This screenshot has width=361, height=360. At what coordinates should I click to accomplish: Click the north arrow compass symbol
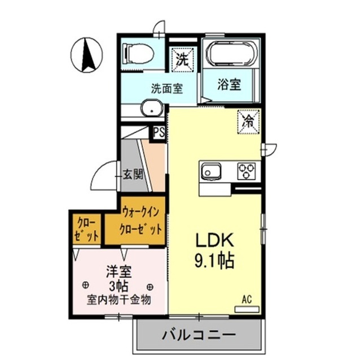coord(86,55)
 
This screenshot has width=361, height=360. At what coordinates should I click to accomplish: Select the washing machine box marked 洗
coord(183,58)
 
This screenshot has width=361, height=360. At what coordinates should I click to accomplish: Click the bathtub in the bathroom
coord(232,55)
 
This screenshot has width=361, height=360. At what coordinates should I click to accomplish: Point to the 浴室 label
coord(230,85)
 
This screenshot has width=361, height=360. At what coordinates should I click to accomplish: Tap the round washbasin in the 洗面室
coord(150,108)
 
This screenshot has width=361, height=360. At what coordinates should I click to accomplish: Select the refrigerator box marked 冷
coord(248,121)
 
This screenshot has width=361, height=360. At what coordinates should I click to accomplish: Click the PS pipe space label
coord(160,132)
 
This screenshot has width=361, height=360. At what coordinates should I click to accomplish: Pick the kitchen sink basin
coord(212,171)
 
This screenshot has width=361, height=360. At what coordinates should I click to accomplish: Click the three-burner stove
coord(246,170)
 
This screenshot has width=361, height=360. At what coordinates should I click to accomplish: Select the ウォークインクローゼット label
coord(142,221)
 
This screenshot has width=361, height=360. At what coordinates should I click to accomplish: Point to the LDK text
coord(215,241)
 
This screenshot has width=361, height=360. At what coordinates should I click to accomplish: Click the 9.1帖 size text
coord(215,261)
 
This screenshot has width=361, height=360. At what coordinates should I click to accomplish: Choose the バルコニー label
coord(199,335)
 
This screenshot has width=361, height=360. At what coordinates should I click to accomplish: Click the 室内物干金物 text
coord(118,299)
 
